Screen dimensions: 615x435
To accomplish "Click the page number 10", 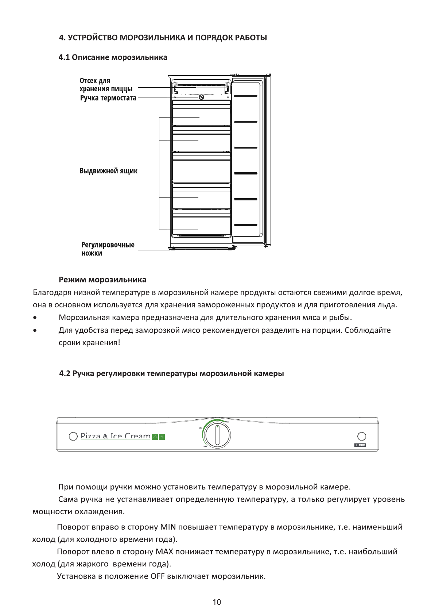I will point(217,602).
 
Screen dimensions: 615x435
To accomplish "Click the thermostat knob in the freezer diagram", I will point(201,97).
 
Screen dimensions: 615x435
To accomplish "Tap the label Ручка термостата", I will point(108,98).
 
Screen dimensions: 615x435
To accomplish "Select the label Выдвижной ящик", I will point(108,171).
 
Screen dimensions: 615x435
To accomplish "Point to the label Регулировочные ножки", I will point(108,249).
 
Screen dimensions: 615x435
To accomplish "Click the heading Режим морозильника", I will point(102,280).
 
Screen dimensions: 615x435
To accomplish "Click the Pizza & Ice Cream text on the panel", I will point(115,436).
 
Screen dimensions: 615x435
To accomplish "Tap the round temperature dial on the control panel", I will point(217,435).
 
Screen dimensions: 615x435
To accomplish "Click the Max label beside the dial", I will point(227,422).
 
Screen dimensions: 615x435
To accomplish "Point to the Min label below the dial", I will point(205,446).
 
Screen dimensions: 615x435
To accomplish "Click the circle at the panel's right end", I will point(361,436).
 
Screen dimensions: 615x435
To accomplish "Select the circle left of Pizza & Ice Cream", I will point(73,436).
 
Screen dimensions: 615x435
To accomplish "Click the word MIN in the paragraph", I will point(168,527).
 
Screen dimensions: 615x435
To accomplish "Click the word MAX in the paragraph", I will point(163,551).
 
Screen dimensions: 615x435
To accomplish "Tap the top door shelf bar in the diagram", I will point(246,96).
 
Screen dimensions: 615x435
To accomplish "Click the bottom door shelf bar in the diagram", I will point(246,225).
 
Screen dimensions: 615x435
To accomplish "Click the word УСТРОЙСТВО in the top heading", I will point(93,38).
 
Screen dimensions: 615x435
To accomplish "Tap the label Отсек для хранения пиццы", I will point(106,85).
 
